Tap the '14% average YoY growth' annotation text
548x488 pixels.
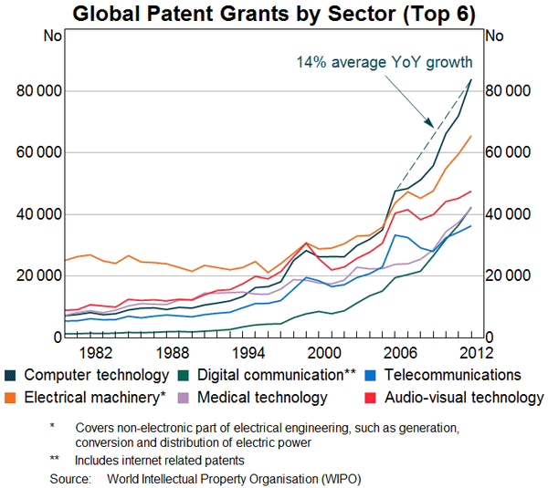click(x=384, y=62)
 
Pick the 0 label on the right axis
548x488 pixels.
click(x=495, y=337)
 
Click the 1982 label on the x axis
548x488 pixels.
click(x=96, y=353)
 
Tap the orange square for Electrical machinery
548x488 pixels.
click(x=11, y=398)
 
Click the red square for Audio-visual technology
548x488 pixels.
click(x=376, y=398)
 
